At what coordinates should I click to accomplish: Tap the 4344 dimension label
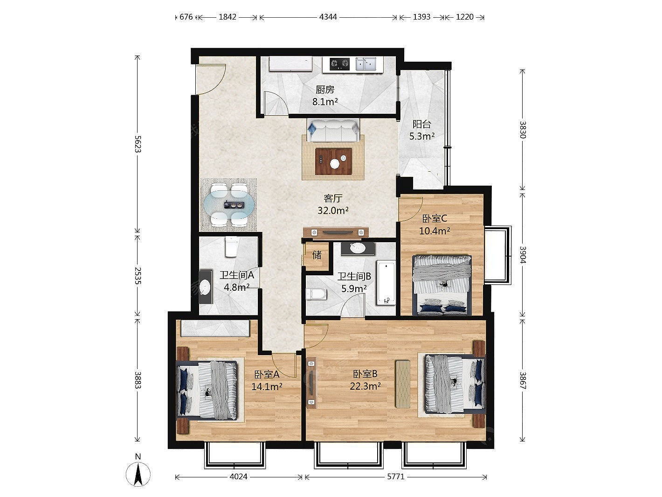(328, 17)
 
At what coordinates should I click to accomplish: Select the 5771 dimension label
(396, 476)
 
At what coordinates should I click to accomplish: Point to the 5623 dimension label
(138, 144)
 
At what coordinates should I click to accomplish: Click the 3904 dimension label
(523, 255)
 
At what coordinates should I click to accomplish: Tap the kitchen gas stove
(339, 63)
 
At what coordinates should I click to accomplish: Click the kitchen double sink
(366, 64)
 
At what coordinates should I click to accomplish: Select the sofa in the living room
(333, 130)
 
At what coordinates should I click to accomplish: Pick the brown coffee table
(333, 161)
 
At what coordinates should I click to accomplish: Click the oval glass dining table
(228, 205)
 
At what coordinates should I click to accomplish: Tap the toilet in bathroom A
(232, 246)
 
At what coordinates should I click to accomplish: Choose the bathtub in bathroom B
(386, 283)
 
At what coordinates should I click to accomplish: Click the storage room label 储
(317, 255)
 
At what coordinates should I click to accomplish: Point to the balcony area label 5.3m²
(421, 136)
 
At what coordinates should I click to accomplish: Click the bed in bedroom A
(207, 391)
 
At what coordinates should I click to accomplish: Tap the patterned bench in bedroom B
(403, 384)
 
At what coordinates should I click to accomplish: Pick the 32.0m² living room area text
(333, 210)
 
